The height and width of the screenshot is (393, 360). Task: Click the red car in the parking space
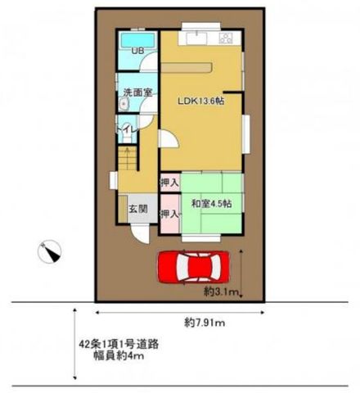click(x=193, y=267)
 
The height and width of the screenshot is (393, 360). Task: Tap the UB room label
click(x=137, y=51)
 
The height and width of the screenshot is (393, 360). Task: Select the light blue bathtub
click(x=138, y=40)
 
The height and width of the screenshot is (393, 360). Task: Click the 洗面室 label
click(x=137, y=93)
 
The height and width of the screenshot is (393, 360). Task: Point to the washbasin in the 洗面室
click(x=124, y=104)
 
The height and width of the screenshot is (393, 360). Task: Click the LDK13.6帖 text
click(x=201, y=102)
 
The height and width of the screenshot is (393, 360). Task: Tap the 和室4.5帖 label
click(x=212, y=204)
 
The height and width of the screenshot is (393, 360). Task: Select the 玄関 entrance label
click(x=138, y=209)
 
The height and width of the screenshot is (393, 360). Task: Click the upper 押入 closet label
click(x=169, y=182)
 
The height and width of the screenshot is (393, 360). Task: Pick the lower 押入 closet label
click(x=169, y=214)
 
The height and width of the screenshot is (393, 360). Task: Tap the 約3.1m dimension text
click(x=222, y=292)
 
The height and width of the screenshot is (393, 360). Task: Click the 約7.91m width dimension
click(x=205, y=323)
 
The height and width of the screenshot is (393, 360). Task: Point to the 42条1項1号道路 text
click(x=119, y=344)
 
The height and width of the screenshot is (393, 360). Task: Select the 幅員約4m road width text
click(x=119, y=355)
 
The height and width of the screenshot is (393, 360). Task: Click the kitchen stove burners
click(x=226, y=38)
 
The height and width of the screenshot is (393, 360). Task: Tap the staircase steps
click(x=128, y=159)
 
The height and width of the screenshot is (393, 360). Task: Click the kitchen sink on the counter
click(x=197, y=38)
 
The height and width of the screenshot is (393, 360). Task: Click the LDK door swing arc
click(x=169, y=138)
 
